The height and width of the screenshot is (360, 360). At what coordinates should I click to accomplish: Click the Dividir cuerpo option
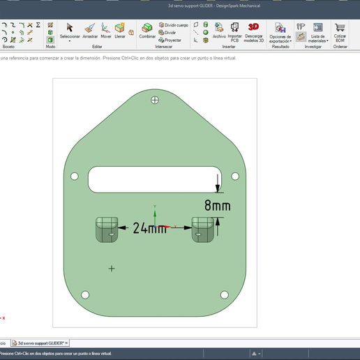[x=174, y=24]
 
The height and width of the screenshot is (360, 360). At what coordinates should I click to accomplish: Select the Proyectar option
[x=170, y=40]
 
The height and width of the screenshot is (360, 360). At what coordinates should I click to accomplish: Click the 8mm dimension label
[x=217, y=206]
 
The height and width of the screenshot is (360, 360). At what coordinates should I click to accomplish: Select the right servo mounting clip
[x=202, y=229]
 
